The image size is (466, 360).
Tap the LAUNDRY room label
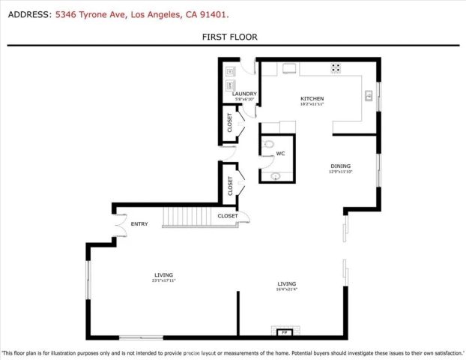245,94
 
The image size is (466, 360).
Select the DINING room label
341,166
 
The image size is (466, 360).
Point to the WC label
280,154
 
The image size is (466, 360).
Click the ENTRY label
139,223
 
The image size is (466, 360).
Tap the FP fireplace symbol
284,331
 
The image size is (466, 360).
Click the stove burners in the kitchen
336,67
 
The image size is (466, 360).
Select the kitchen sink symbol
368,94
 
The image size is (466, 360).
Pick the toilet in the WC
270,145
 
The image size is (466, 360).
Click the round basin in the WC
276,176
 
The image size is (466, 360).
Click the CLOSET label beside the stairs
228,216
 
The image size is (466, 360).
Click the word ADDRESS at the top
28,13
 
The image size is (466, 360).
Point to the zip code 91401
213,13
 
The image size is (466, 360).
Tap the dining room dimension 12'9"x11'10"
340,172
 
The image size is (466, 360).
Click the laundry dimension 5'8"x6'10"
245,99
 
